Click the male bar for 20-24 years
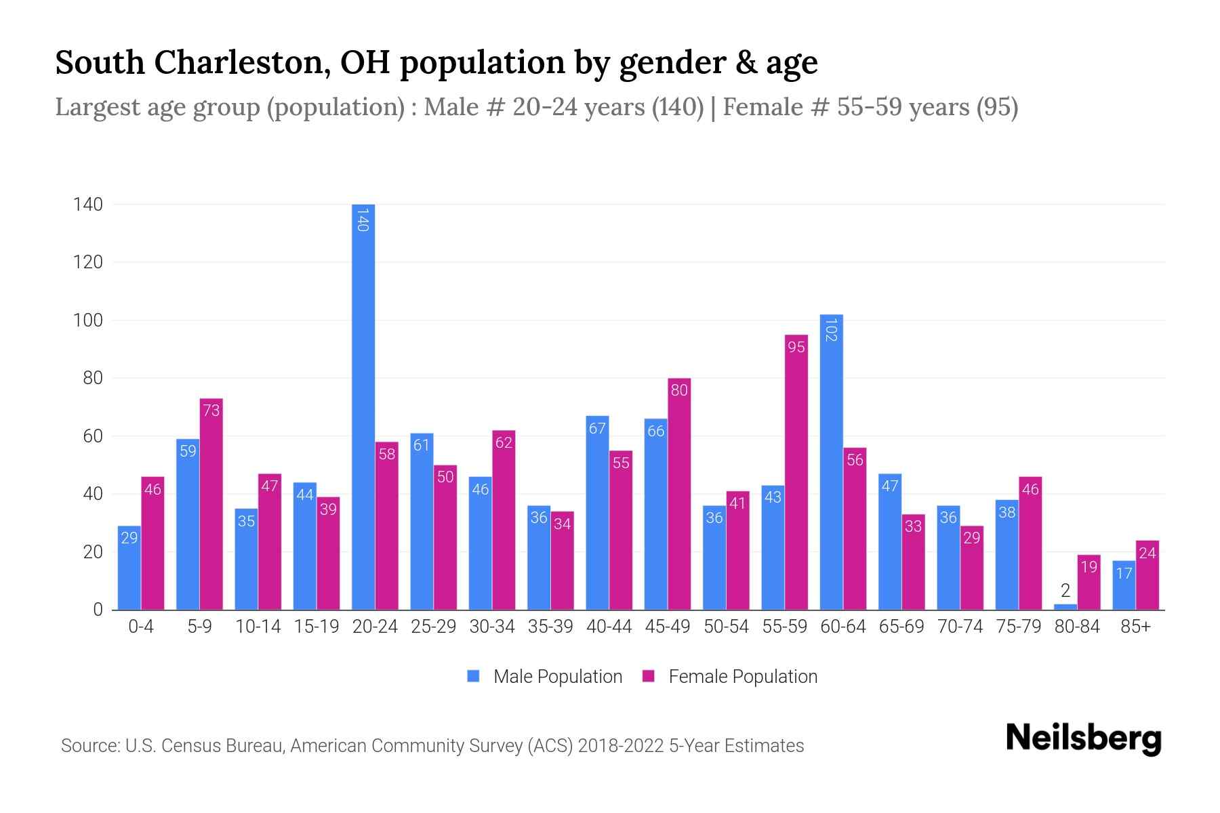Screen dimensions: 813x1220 [363, 406]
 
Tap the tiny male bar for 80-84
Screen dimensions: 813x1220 [1065, 607]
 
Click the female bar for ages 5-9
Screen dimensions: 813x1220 [211, 504]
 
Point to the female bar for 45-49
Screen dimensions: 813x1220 [679, 494]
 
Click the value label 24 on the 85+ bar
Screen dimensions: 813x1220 [1147, 554]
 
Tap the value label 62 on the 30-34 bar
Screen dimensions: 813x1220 [504, 443]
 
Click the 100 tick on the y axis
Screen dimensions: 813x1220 [88, 320]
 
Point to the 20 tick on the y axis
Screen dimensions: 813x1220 [92, 552]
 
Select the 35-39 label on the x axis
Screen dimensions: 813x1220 [550, 627]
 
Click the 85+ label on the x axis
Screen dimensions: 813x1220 [1135, 627]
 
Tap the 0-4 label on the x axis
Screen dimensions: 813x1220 [141, 627]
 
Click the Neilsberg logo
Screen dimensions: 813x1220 [1083, 738]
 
